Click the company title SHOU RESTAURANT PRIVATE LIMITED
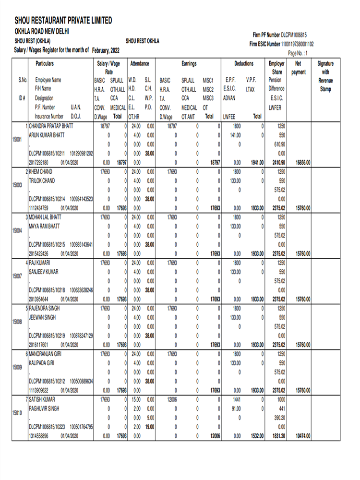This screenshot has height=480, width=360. tap(63, 20)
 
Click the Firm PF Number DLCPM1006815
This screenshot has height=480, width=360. tap(293, 35)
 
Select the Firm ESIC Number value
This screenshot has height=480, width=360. tap(298, 44)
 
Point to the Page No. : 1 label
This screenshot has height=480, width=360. tap(298, 53)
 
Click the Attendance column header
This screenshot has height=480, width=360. tap(140, 63)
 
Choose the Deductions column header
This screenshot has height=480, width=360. tap(244, 63)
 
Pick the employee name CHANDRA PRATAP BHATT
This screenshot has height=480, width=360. tap(51, 126)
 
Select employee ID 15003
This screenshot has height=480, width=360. tap(17, 185)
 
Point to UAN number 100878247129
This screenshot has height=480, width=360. tap(81, 336)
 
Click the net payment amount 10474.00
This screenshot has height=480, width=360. tap(302, 436)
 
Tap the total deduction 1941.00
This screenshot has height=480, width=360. tap(257, 163)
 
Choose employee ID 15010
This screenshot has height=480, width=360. tap(17, 413)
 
